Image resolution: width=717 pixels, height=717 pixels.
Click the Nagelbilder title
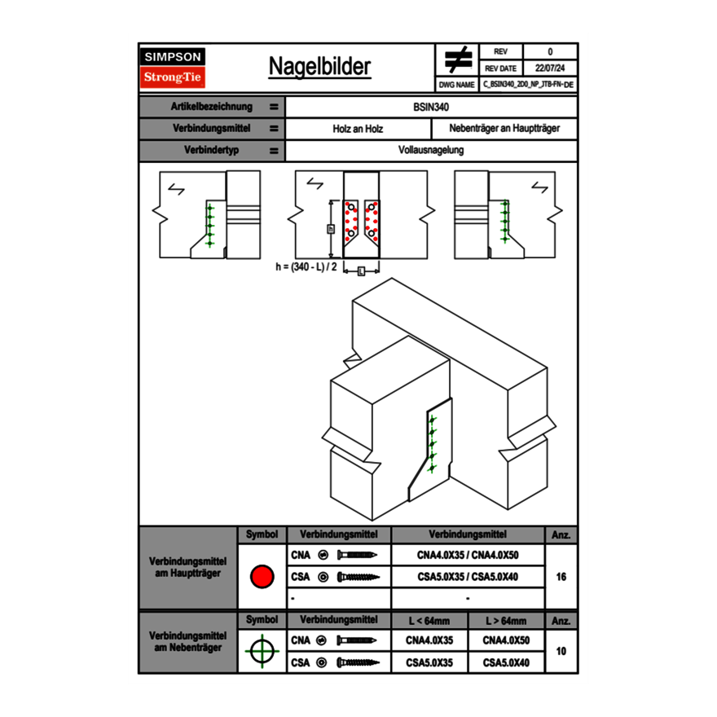click(x=319, y=67)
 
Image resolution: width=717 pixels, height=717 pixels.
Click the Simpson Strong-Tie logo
click(x=174, y=68)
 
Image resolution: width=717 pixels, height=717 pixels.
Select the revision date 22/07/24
click(x=550, y=68)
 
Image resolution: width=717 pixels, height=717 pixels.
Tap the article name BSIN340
click(x=431, y=107)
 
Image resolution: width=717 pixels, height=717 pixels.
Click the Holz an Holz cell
click(x=358, y=129)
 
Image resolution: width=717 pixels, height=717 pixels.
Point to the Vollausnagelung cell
click(x=431, y=151)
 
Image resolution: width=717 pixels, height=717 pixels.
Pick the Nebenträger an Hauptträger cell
click(x=504, y=129)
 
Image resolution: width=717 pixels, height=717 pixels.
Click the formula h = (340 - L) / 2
click(x=306, y=266)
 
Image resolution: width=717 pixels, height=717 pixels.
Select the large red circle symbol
click(x=262, y=577)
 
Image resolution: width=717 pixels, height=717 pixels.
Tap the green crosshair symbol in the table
click(x=262, y=651)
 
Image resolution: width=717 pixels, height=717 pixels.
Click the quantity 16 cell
click(x=561, y=577)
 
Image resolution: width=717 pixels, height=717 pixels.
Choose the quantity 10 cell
click(x=561, y=651)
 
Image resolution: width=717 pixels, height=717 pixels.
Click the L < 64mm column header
click(x=429, y=621)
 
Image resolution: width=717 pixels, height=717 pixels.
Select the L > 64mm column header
click(x=506, y=621)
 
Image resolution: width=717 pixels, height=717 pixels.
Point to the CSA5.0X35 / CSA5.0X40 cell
click(x=468, y=577)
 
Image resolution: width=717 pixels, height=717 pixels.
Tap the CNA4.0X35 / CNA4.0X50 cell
click(x=468, y=555)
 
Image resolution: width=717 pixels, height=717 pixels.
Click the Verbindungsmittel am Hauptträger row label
click(x=187, y=568)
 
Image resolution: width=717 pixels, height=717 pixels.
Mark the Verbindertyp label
click(x=212, y=151)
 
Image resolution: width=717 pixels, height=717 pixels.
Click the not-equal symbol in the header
click(x=458, y=60)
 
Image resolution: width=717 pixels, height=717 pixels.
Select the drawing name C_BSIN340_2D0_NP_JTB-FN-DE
click(x=527, y=84)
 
